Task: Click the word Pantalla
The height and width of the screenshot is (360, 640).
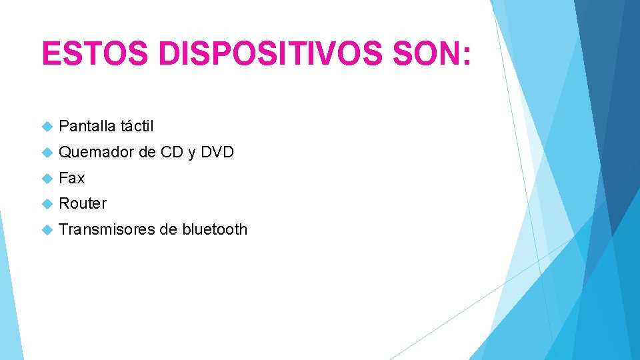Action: [x=87, y=126]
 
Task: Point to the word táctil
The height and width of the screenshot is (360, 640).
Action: [x=137, y=126]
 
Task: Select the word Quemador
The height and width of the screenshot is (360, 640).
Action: [x=96, y=153]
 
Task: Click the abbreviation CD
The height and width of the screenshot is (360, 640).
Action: [x=172, y=153]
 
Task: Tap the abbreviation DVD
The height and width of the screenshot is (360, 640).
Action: [x=217, y=153]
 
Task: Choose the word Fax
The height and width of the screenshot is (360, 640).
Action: [x=72, y=178]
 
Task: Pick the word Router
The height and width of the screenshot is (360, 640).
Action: [x=83, y=203]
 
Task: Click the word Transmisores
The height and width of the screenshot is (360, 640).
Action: [x=107, y=229]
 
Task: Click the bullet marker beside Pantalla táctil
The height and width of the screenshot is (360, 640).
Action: [x=47, y=126]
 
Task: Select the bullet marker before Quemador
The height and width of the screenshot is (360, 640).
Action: [x=47, y=153]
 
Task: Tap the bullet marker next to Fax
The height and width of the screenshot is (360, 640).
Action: [x=47, y=179]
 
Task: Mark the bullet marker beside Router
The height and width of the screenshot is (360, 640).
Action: [x=47, y=204]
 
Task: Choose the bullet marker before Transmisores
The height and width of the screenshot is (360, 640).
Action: [x=47, y=230]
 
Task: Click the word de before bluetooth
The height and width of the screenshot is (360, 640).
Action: [x=167, y=229]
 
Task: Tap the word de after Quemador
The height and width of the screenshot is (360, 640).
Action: [x=147, y=153]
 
